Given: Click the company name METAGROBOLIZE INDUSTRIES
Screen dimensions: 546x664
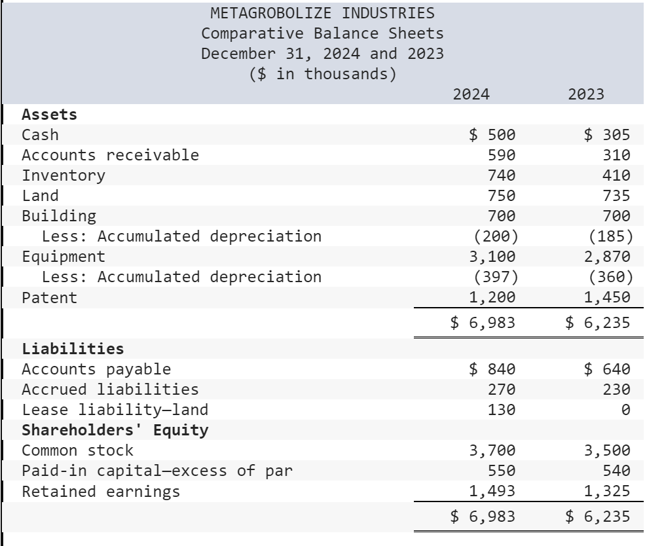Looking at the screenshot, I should (322, 12).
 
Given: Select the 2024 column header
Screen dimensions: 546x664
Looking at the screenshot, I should (471, 94).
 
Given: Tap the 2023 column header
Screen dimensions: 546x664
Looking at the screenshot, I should (586, 94).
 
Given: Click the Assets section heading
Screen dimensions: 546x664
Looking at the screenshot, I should (49, 115).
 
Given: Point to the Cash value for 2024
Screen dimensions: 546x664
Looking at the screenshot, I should (493, 135).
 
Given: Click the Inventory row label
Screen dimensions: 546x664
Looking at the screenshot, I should (63, 175).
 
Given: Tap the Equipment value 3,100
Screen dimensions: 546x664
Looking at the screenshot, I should (493, 256).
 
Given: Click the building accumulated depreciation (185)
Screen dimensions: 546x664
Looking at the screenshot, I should (610, 236).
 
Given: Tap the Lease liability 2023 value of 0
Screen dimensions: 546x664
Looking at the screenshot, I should (625, 410).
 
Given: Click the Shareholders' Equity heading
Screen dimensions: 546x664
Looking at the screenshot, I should (115, 430).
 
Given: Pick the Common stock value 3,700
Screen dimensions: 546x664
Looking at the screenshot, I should (493, 450).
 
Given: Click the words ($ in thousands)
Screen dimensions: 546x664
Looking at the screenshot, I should (322, 74).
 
